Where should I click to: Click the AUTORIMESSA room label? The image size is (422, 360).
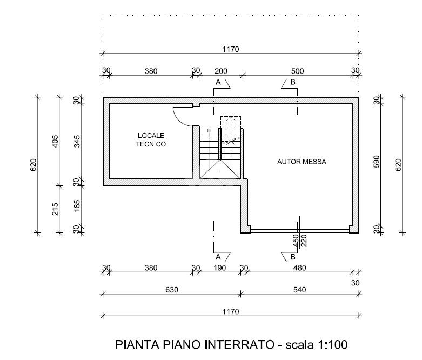point(302,162)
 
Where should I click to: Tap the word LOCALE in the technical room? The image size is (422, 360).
point(151,136)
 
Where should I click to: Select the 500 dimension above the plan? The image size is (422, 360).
point(297,71)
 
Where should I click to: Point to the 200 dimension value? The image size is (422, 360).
point(221,71)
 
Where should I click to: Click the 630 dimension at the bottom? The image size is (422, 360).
point(172,290)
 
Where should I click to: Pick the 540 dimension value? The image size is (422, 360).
point(299,290)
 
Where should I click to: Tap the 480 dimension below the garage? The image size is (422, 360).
point(299,268)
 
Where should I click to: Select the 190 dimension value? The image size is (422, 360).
point(219,268)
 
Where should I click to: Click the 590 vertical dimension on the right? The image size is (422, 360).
point(377,162)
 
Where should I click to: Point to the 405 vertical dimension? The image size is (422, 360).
point(55,141)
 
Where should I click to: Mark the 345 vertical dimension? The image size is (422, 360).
point(77,141)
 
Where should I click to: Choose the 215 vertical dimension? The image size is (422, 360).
point(55,209)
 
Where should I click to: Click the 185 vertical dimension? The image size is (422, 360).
point(77,205)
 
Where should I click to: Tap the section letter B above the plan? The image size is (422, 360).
point(293,82)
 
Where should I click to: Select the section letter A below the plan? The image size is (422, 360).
point(218,257)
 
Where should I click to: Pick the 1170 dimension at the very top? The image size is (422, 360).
point(231,49)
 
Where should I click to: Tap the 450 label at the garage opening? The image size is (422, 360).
point(296,241)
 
